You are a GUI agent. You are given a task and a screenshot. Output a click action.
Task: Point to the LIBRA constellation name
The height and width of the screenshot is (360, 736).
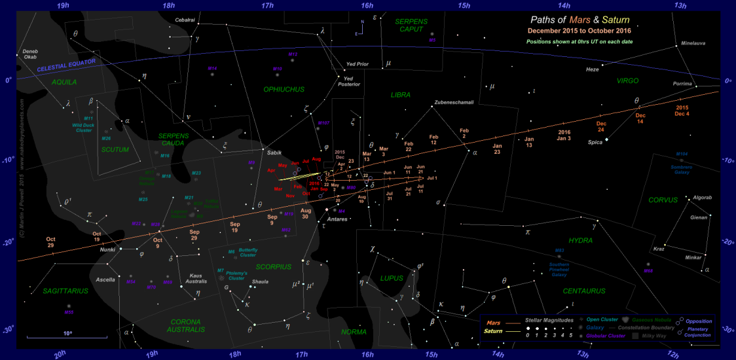tap(399, 95)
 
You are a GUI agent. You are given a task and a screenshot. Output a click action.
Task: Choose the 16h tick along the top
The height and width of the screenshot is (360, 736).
tap(367, 5)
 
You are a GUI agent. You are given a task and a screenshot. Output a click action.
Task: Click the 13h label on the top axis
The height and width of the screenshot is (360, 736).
tap(680, 5)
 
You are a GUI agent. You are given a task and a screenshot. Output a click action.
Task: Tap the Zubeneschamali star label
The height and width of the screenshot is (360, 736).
tap(453, 103)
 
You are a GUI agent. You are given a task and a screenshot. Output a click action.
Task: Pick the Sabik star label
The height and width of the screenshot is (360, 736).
tap(274, 152)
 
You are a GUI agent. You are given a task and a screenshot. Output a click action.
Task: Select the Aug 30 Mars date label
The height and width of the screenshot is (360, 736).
tap(305, 213)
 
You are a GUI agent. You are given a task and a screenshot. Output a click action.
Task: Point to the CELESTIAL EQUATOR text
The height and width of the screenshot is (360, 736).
tap(67, 65)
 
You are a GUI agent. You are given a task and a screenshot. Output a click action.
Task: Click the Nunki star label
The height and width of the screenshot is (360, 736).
tap(107, 249)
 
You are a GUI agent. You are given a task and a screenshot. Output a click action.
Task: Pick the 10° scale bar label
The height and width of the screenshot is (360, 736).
tap(67, 333)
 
